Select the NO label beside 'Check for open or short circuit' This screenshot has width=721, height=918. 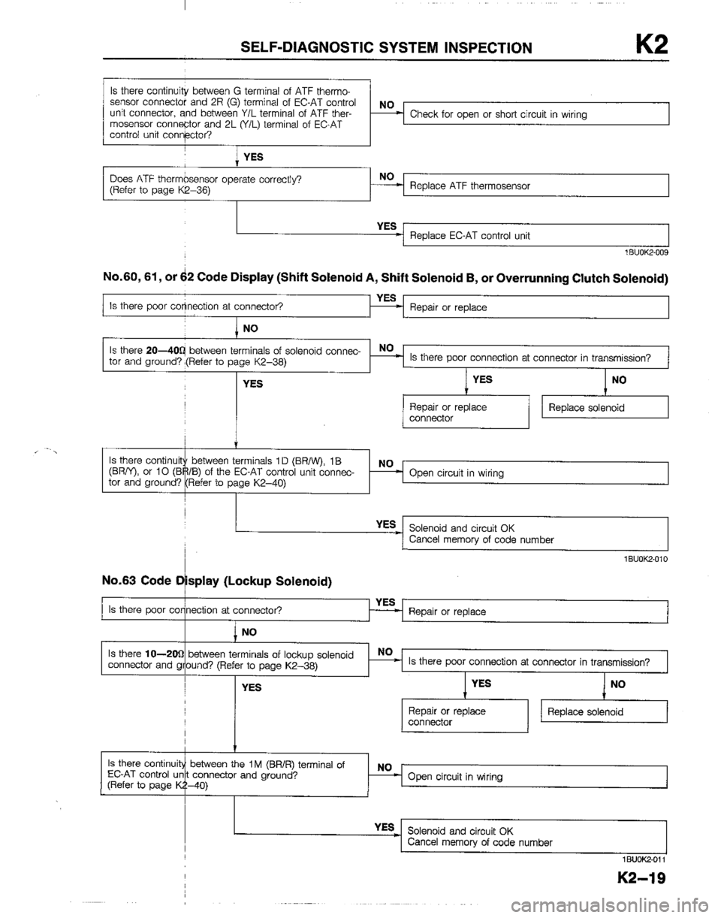coord(385,107)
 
